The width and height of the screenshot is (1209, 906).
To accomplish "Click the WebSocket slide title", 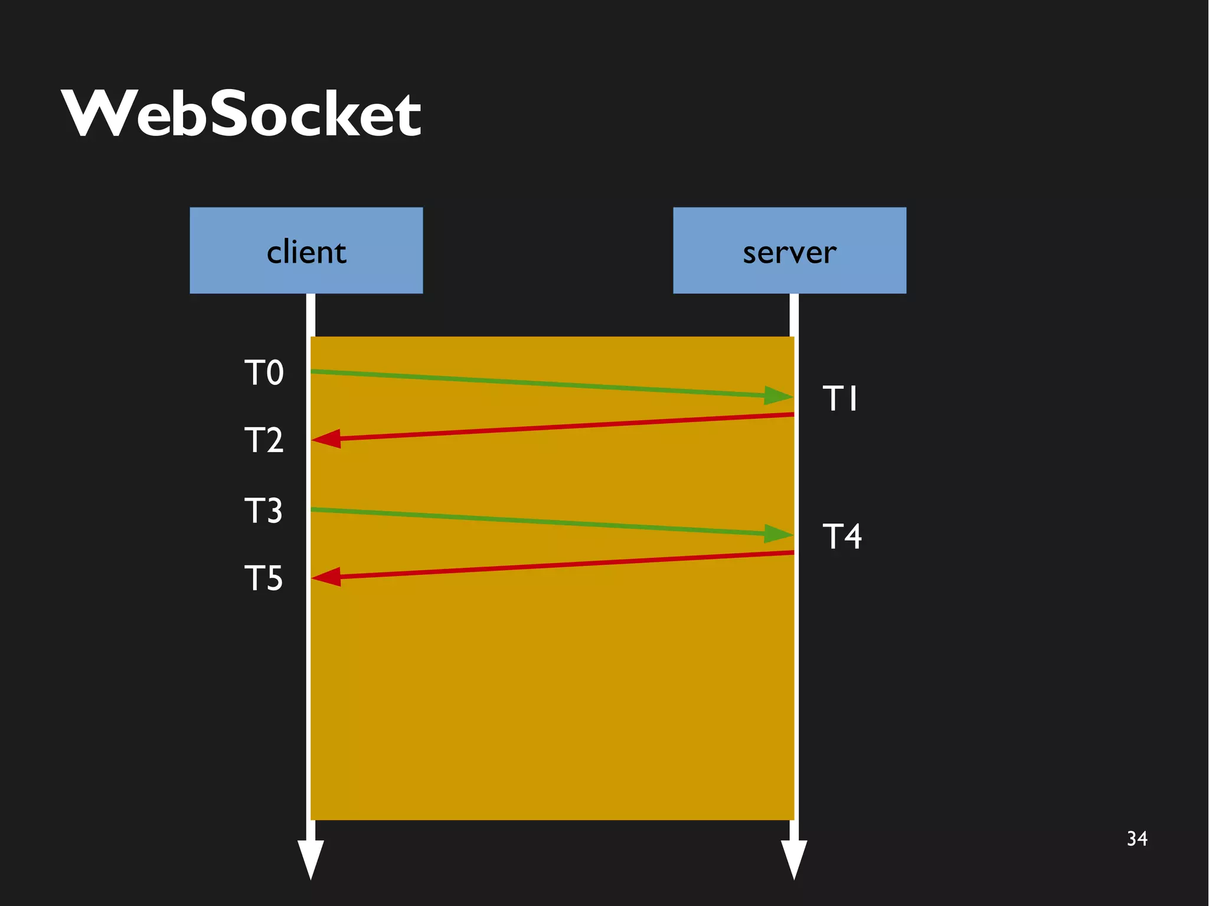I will click(241, 113).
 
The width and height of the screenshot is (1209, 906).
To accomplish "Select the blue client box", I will click(306, 250).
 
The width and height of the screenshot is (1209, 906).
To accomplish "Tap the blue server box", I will click(789, 250).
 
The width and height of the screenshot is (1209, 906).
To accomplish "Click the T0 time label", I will click(264, 373).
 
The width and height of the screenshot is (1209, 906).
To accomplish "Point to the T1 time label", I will click(840, 398).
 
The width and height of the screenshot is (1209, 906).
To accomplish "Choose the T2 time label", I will click(264, 440).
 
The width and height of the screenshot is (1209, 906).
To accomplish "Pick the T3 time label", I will click(263, 511).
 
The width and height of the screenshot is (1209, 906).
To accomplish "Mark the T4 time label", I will click(842, 537).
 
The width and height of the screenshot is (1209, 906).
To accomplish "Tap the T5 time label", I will click(263, 578).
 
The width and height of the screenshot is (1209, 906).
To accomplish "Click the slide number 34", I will click(1137, 839).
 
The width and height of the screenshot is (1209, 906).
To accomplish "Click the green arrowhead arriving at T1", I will click(778, 395).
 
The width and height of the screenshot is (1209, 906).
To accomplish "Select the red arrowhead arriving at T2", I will click(326, 439).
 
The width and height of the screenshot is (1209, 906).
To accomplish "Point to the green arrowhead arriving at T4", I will click(778, 534).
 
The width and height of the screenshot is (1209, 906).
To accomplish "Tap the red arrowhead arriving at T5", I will click(326, 577).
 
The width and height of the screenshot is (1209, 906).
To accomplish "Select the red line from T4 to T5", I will click(561, 565).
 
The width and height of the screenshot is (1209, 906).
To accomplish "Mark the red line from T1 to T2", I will click(561, 427).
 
